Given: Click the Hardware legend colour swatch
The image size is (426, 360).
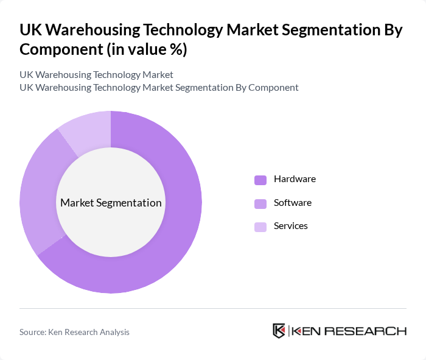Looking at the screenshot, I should (x=260, y=180).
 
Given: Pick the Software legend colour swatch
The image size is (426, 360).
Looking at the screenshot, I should (x=260, y=203).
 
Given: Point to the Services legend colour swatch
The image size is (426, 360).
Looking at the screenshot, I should (x=260, y=227).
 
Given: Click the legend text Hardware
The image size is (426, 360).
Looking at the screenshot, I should (x=295, y=179).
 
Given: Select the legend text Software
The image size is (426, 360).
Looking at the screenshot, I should (x=293, y=202).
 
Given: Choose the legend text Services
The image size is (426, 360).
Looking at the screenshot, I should (x=291, y=226).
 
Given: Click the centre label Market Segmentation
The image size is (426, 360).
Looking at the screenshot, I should (x=111, y=203).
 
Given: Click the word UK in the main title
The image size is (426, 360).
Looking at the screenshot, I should (x=30, y=30).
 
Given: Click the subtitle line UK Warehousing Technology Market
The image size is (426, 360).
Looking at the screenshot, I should (x=96, y=74).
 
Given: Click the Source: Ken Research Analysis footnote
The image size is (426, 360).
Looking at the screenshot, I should (x=74, y=332).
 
